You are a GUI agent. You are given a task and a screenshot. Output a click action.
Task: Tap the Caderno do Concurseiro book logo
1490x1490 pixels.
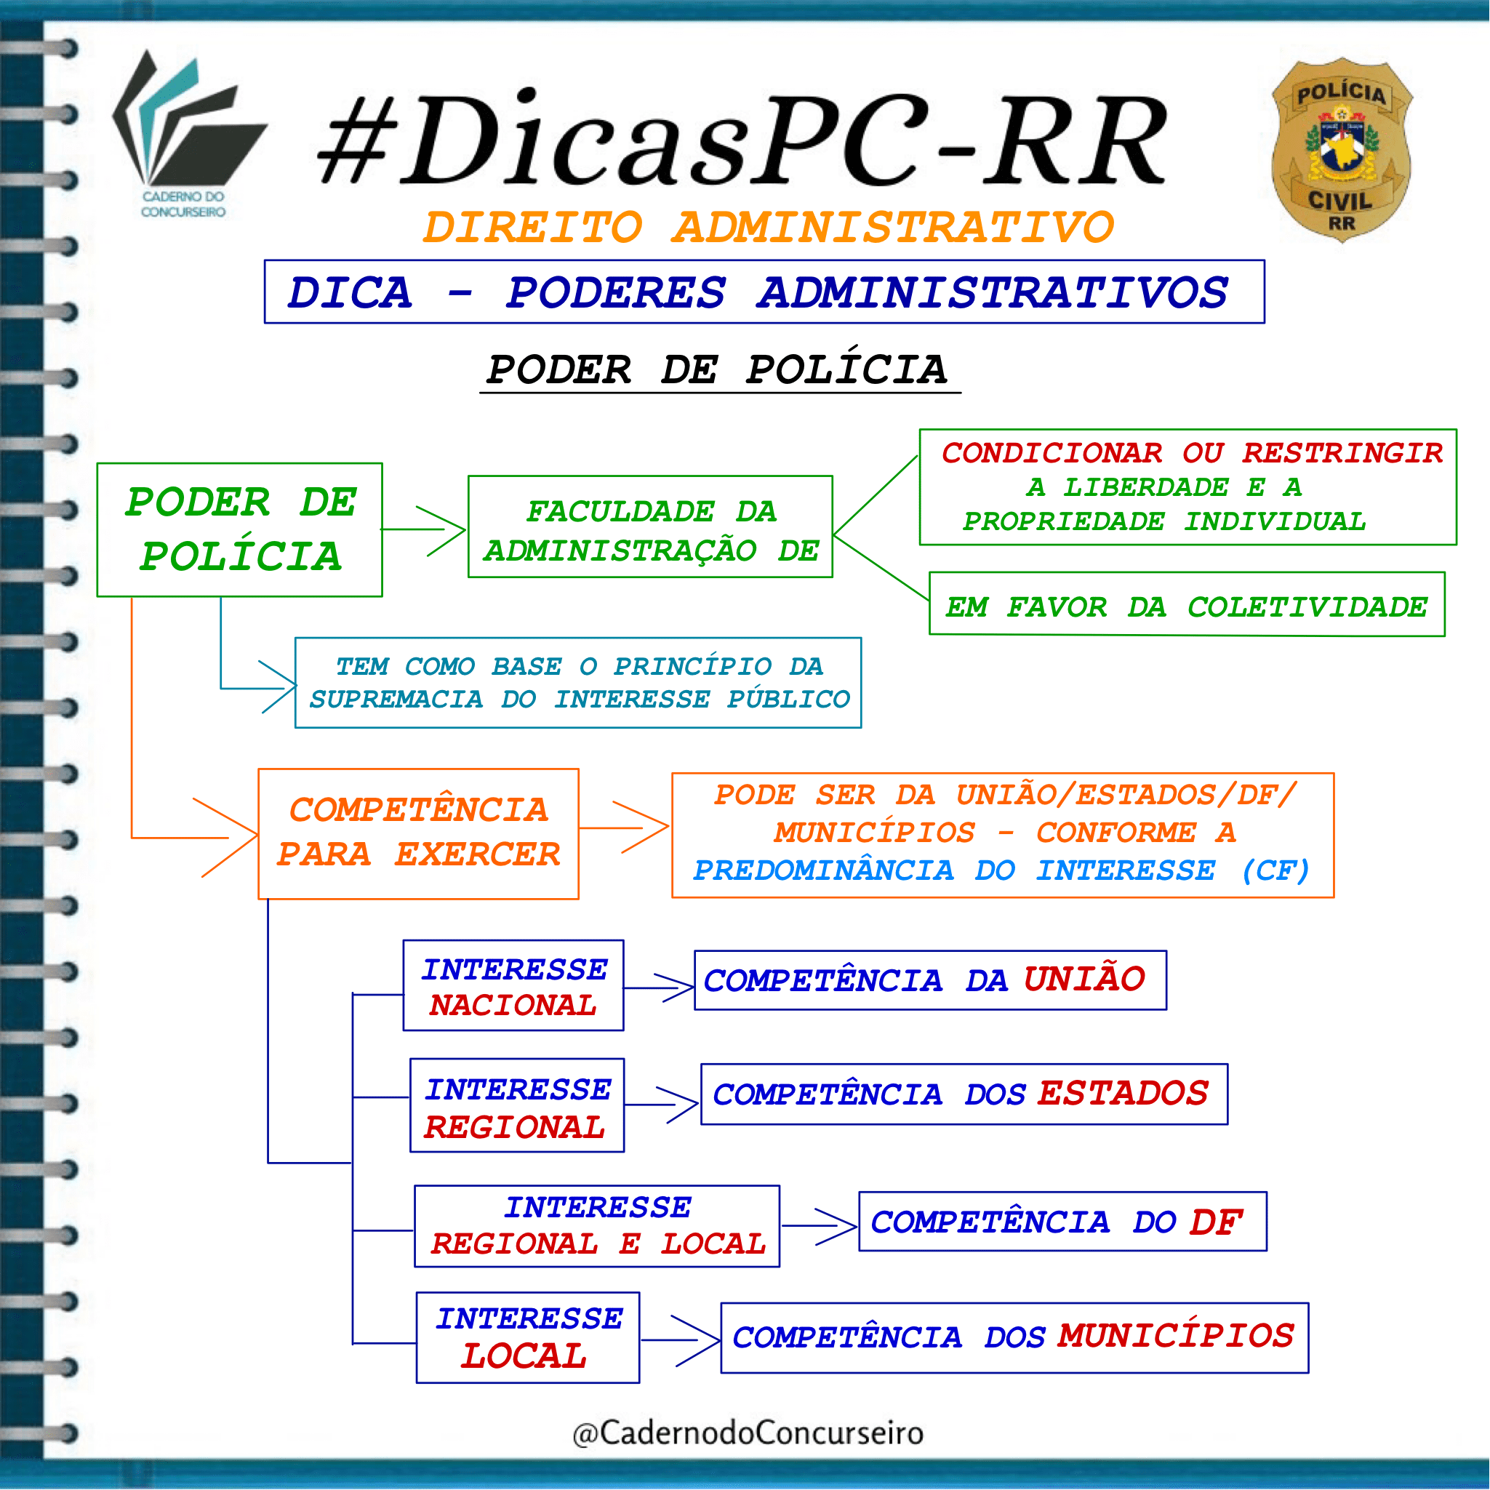(x=188, y=135)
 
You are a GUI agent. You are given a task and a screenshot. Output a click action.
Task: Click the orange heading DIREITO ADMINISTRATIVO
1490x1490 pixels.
(x=769, y=228)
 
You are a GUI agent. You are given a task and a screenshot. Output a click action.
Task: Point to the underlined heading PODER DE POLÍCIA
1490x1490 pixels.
(x=717, y=369)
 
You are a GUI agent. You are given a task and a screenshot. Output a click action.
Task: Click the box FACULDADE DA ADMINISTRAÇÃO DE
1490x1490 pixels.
(x=650, y=526)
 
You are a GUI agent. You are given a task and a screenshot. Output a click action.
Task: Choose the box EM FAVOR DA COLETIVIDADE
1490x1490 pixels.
(x=1187, y=604)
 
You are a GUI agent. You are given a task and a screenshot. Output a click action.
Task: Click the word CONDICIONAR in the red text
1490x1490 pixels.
(x=1052, y=453)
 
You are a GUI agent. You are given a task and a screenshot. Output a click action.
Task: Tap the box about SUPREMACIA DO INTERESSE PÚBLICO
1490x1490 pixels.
(x=578, y=683)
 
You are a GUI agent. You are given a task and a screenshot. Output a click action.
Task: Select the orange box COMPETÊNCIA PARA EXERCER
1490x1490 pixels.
(x=419, y=833)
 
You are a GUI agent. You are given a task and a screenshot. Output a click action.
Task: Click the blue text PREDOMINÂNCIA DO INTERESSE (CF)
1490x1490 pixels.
(x=1002, y=870)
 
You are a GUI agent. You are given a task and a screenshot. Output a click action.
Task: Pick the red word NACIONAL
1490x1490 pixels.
(x=513, y=1005)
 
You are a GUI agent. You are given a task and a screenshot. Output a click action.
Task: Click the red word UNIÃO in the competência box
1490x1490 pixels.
(x=1084, y=979)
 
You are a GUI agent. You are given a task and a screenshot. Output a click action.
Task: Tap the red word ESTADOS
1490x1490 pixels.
(x=1123, y=1094)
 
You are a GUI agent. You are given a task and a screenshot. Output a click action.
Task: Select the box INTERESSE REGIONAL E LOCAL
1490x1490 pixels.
(x=597, y=1226)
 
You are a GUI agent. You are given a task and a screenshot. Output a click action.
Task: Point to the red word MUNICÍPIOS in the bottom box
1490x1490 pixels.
(x=1176, y=1336)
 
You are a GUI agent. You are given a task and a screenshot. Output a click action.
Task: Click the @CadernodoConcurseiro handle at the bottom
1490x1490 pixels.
(x=748, y=1433)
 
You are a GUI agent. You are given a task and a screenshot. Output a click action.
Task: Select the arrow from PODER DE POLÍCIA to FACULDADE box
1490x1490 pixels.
(x=424, y=530)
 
